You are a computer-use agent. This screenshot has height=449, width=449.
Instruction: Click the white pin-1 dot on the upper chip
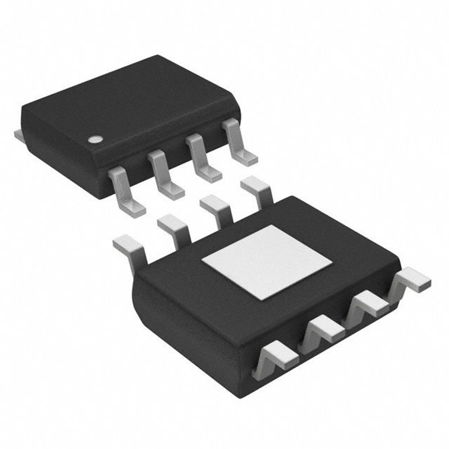(x=96, y=138)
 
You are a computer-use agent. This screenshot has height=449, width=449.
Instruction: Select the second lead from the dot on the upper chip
(x=165, y=176)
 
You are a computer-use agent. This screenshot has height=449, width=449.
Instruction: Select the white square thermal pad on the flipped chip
(x=267, y=261)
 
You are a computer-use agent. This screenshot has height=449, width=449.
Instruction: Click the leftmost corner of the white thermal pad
(x=203, y=263)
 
